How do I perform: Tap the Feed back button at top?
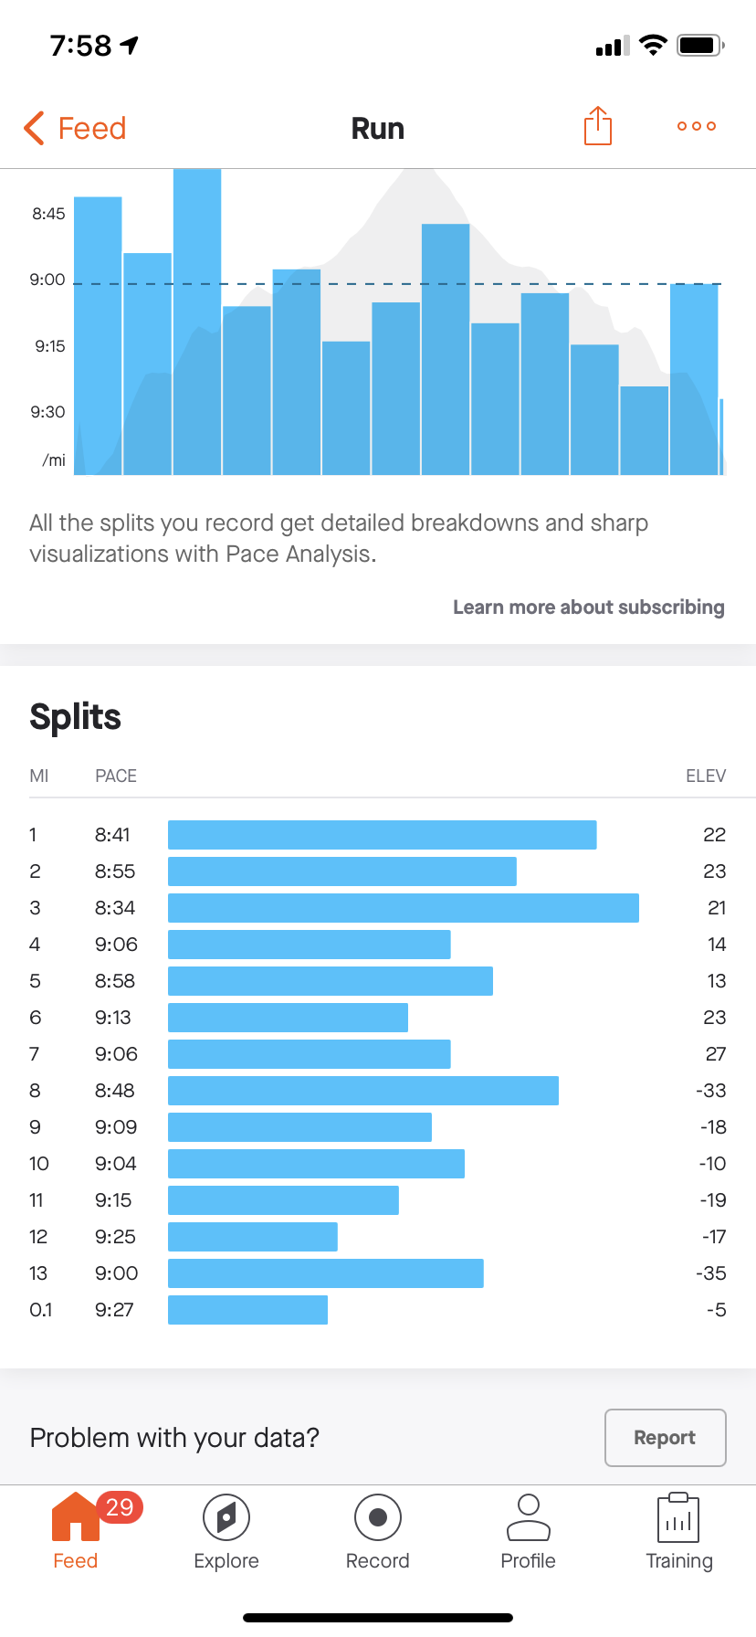(75, 128)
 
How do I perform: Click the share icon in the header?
(597, 126)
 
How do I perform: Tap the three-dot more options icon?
(696, 126)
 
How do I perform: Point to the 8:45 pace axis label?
(48, 214)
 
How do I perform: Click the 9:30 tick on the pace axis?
(47, 412)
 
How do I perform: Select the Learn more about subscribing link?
(588, 607)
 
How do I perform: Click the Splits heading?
(75, 717)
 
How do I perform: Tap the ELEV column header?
(705, 776)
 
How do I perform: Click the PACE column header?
(116, 776)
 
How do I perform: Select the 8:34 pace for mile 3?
(115, 908)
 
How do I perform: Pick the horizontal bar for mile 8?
(362, 1091)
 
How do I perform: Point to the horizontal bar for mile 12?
(253, 1237)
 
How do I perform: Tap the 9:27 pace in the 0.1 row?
(114, 1310)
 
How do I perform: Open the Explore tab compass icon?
(226, 1517)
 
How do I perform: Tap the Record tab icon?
(377, 1517)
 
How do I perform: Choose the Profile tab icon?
(528, 1517)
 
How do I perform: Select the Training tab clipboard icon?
(678, 1517)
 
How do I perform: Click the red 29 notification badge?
(120, 1507)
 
